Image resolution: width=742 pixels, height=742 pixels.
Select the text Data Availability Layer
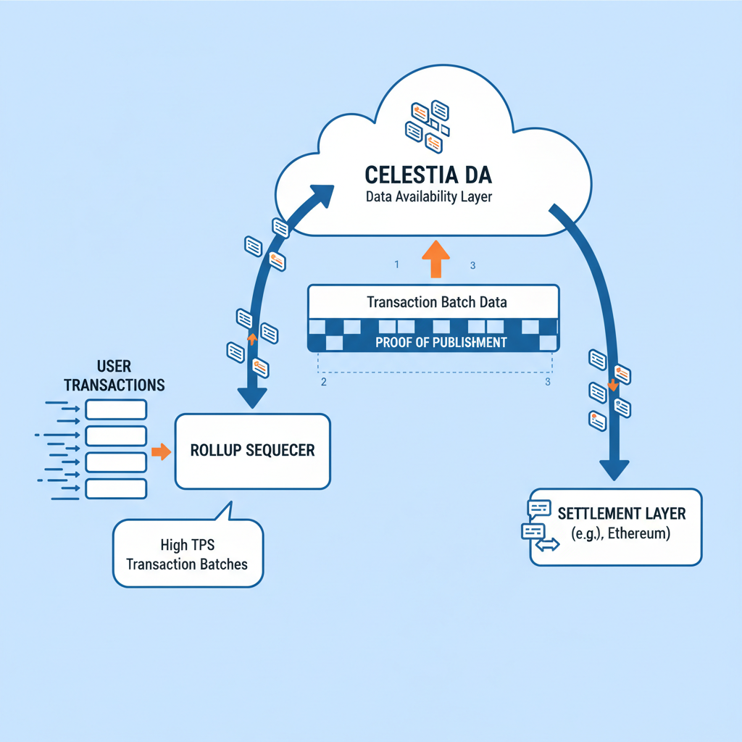point(429,197)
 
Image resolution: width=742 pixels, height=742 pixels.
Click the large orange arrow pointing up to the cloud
point(435,260)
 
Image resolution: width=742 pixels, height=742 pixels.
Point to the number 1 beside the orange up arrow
point(396,265)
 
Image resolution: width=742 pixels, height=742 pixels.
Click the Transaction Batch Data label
point(436,301)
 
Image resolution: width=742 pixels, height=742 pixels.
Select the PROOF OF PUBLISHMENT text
point(441,343)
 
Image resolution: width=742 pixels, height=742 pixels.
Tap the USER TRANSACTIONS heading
point(114,375)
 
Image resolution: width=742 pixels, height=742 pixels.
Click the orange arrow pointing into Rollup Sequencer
point(161,452)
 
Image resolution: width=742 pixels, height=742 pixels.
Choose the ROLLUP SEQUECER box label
point(252,450)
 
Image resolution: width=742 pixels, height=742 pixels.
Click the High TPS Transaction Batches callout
point(187,554)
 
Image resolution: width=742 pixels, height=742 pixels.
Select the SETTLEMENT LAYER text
point(621,514)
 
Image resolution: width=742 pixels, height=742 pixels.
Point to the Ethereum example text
point(622,535)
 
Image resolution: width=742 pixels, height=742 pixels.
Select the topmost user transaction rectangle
point(116,410)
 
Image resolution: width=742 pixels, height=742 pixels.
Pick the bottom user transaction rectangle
point(116,488)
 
